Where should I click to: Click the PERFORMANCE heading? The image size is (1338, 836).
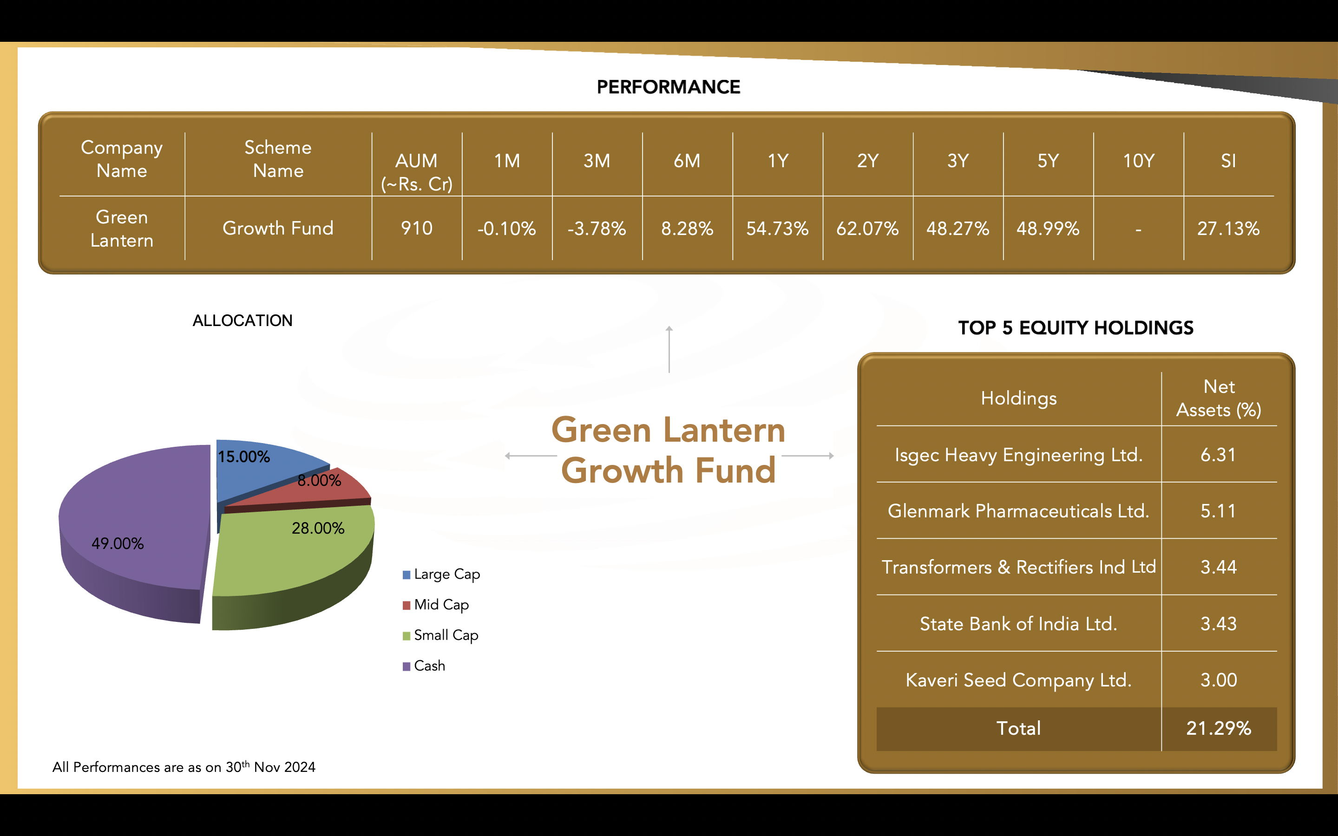click(x=669, y=87)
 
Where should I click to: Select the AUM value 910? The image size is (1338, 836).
click(x=416, y=228)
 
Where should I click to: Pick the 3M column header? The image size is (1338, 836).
click(x=597, y=161)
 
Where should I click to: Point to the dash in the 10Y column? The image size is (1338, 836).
click(x=1138, y=229)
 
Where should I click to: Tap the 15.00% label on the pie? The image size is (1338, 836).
click(x=244, y=457)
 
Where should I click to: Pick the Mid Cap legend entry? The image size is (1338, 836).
click(x=436, y=605)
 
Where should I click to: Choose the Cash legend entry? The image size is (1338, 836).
click(x=424, y=666)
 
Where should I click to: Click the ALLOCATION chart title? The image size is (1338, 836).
click(x=242, y=320)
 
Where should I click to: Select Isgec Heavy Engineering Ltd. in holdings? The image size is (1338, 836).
click(x=1018, y=455)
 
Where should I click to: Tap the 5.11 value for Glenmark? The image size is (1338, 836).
click(x=1219, y=511)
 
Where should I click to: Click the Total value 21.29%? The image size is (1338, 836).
click(x=1219, y=728)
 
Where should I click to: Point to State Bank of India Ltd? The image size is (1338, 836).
click(x=1018, y=624)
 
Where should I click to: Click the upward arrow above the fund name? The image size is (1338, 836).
click(x=669, y=349)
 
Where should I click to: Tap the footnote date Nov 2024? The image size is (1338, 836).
click(x=285, y=767)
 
